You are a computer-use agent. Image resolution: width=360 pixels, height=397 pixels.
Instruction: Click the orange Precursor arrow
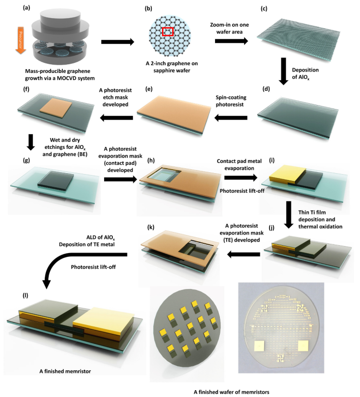pos(20,40)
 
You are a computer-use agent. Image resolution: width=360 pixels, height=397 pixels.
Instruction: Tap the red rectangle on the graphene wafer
pos(168,32)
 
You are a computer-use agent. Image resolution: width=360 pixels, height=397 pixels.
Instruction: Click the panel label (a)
pos(26,8)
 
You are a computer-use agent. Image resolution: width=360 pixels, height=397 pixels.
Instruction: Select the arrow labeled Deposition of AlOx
pos(283,71)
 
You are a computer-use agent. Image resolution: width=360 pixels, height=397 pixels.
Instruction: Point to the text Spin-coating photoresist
pos(231,101)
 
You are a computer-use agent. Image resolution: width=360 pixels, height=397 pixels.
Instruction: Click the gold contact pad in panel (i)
pos(284,175)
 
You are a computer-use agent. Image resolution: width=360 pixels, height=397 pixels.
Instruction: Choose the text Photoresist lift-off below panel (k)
pos(93,267)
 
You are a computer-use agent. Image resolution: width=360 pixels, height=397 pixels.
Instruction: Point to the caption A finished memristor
pos(65,371)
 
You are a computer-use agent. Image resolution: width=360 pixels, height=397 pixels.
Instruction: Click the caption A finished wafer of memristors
pos(232,392)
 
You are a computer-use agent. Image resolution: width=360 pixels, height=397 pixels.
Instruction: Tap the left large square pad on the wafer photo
pos(259,346)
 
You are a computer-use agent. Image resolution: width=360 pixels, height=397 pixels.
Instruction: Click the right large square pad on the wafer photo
pos(303,346)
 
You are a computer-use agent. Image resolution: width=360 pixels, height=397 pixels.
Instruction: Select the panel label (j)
pos(271,227)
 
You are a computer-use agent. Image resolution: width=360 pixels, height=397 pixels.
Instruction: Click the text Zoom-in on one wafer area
pos(229,28)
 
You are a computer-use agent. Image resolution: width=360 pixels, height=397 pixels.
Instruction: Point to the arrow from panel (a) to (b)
pos(118,42)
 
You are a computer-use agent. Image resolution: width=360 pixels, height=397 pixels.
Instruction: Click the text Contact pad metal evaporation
pos(239,164)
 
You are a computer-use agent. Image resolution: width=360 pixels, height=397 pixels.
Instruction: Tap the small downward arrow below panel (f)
pos(31,142)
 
